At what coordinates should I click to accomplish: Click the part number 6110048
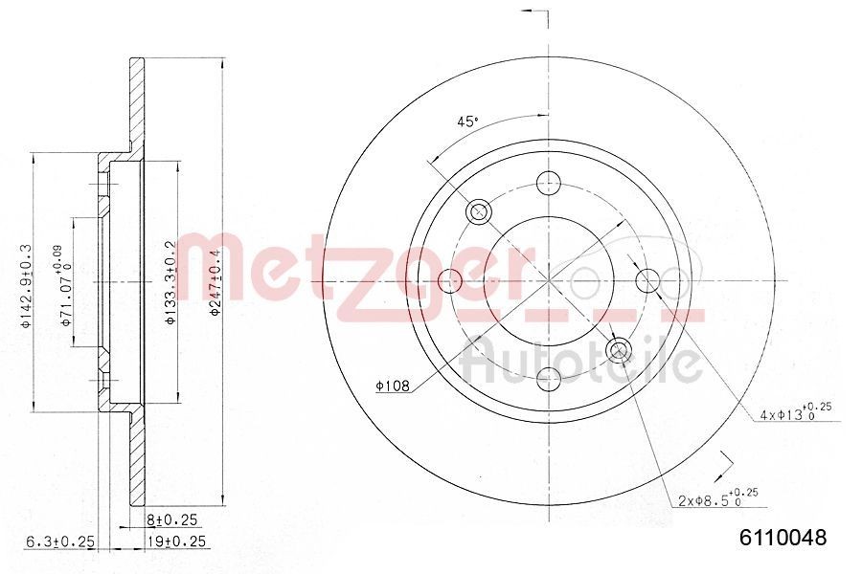click(x=781, y=538)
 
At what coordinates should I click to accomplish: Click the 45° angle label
click(x=466, y=121)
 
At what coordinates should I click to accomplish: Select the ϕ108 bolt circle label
click(x=393, y=386)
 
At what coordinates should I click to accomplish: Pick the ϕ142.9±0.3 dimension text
click(x=27, y=284)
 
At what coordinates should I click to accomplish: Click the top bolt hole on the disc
click(x=549, y=182)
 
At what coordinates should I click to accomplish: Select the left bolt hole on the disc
click(x=450, y=280)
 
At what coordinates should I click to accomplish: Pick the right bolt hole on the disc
click(x=648, y=280)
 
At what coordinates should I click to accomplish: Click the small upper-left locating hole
click(x=479, y=211)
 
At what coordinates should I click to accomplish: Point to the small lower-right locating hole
click(x=619, y=349)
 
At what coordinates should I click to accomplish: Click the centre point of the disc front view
click(x=549, y=280)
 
